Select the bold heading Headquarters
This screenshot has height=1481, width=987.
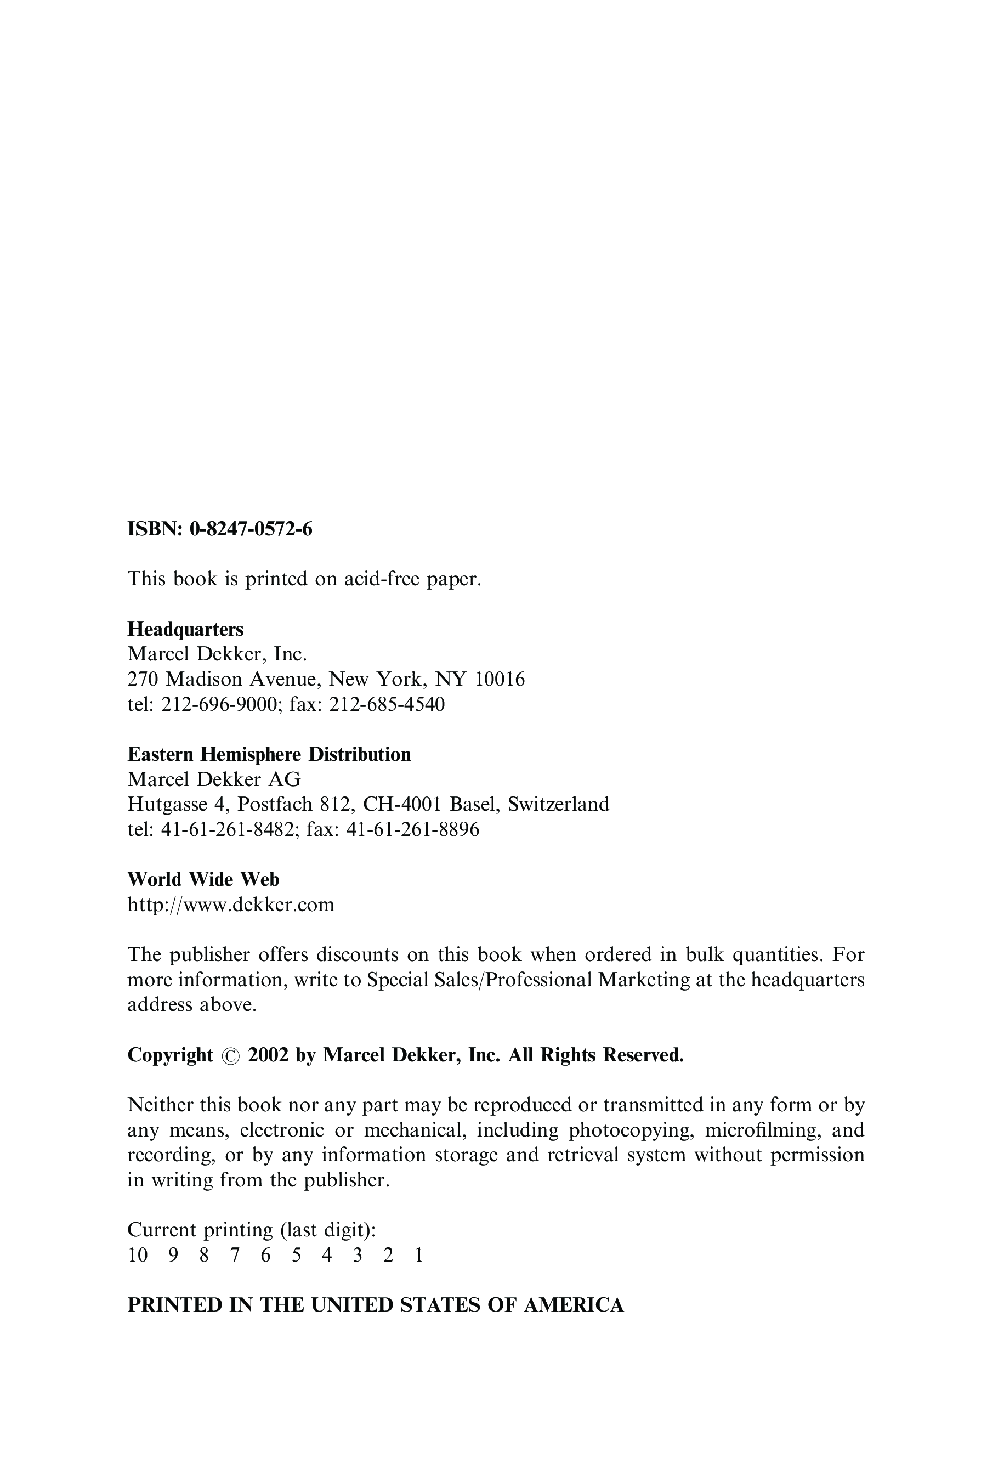pos(186,629)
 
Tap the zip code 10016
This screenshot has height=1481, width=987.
pos(500,679)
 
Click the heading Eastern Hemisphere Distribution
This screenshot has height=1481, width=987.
pos(269,754)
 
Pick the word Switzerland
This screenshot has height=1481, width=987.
pos(558,804)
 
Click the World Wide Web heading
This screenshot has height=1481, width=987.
pos(203,879)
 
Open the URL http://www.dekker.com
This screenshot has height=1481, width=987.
pos(231,905)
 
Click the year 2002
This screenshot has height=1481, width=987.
pos(268,1055)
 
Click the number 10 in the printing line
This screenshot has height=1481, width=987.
pos(137,1256)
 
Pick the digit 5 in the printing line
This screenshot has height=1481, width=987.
pos(296,1256)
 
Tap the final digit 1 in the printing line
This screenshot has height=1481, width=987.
pos(418,1256)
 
